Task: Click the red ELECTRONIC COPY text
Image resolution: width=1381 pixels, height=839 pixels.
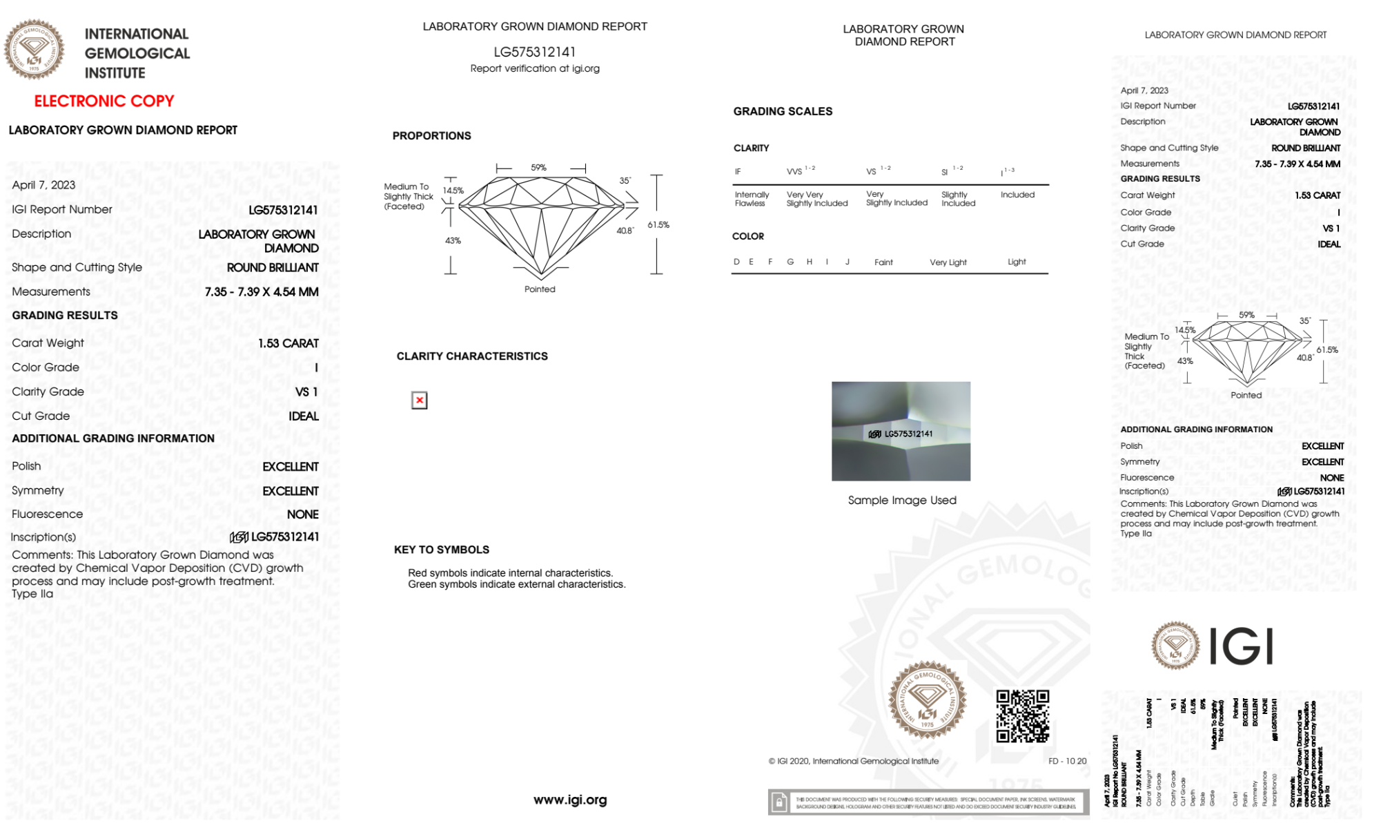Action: click(104, 101)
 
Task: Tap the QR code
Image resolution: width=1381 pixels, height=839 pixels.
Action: click(1022, 715)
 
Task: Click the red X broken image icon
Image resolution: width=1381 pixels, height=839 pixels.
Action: click(419, 401)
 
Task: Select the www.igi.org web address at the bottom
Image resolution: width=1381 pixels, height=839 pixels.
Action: click(570, 800)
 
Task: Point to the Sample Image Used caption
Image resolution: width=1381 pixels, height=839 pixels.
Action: click(901, 500)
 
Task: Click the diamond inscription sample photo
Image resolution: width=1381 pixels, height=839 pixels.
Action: click(901, 431)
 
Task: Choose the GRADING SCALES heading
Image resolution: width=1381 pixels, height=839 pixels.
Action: click(783, 111)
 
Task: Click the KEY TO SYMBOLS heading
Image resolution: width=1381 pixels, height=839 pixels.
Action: click(442, 550)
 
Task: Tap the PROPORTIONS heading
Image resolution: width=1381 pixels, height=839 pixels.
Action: click(431, 136)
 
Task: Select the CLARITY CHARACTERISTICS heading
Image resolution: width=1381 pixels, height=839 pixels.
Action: click(472, 356)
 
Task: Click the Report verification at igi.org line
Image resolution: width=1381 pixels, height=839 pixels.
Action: click(535, 68)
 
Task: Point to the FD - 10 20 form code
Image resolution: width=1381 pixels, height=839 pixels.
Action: click(1067, 761)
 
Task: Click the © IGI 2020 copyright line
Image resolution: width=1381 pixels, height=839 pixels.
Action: click(854, 761)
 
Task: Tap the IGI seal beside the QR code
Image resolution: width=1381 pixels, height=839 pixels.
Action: click(927, 700)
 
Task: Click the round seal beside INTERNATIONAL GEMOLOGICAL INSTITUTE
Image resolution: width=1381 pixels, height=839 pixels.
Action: click(34, 49)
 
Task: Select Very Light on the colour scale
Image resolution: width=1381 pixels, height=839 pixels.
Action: click(948, 262)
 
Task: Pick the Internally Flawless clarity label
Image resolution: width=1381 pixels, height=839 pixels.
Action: click(751, 199)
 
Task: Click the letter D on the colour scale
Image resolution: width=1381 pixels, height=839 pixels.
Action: click(736, 262)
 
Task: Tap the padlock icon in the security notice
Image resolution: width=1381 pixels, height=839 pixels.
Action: click(779, 802)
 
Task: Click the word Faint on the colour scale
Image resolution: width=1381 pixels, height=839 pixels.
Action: click(883, 262)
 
